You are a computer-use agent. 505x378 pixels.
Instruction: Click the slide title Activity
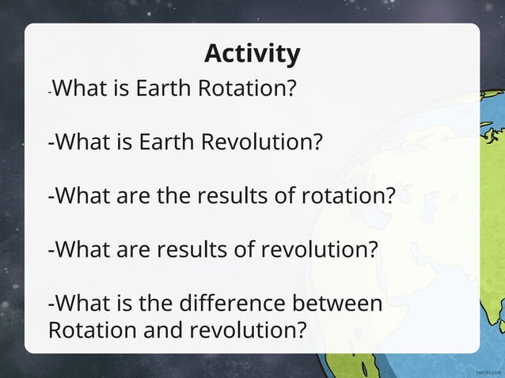coord(252,54)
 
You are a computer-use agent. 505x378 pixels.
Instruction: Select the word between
coord(340,304)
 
